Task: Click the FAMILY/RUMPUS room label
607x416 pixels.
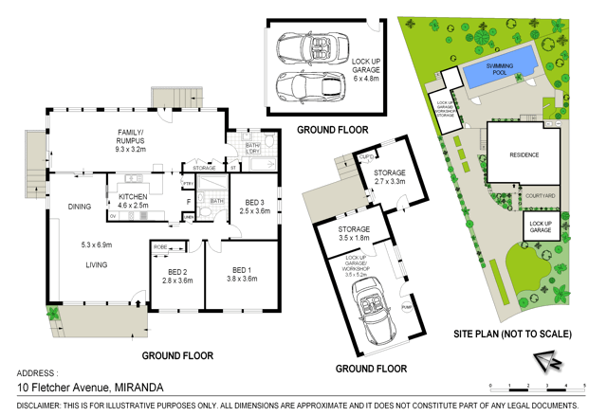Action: pos(130,142)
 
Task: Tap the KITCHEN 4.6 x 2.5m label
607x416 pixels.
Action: pos(133,199)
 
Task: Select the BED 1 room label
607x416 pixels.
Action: pos(243,275)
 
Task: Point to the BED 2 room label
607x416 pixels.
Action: pos(177,276)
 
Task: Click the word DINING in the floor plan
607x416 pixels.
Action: pos(80,207)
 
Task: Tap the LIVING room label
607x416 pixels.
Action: pos(96,264)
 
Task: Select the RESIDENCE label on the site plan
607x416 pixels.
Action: pos(524,154)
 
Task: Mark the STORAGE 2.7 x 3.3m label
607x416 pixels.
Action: pos(390,177)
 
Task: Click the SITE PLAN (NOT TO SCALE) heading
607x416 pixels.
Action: pos(512,334)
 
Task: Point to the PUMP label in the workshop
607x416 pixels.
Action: pos(407,308)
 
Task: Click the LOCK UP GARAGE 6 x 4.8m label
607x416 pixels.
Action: pos(366,68)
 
